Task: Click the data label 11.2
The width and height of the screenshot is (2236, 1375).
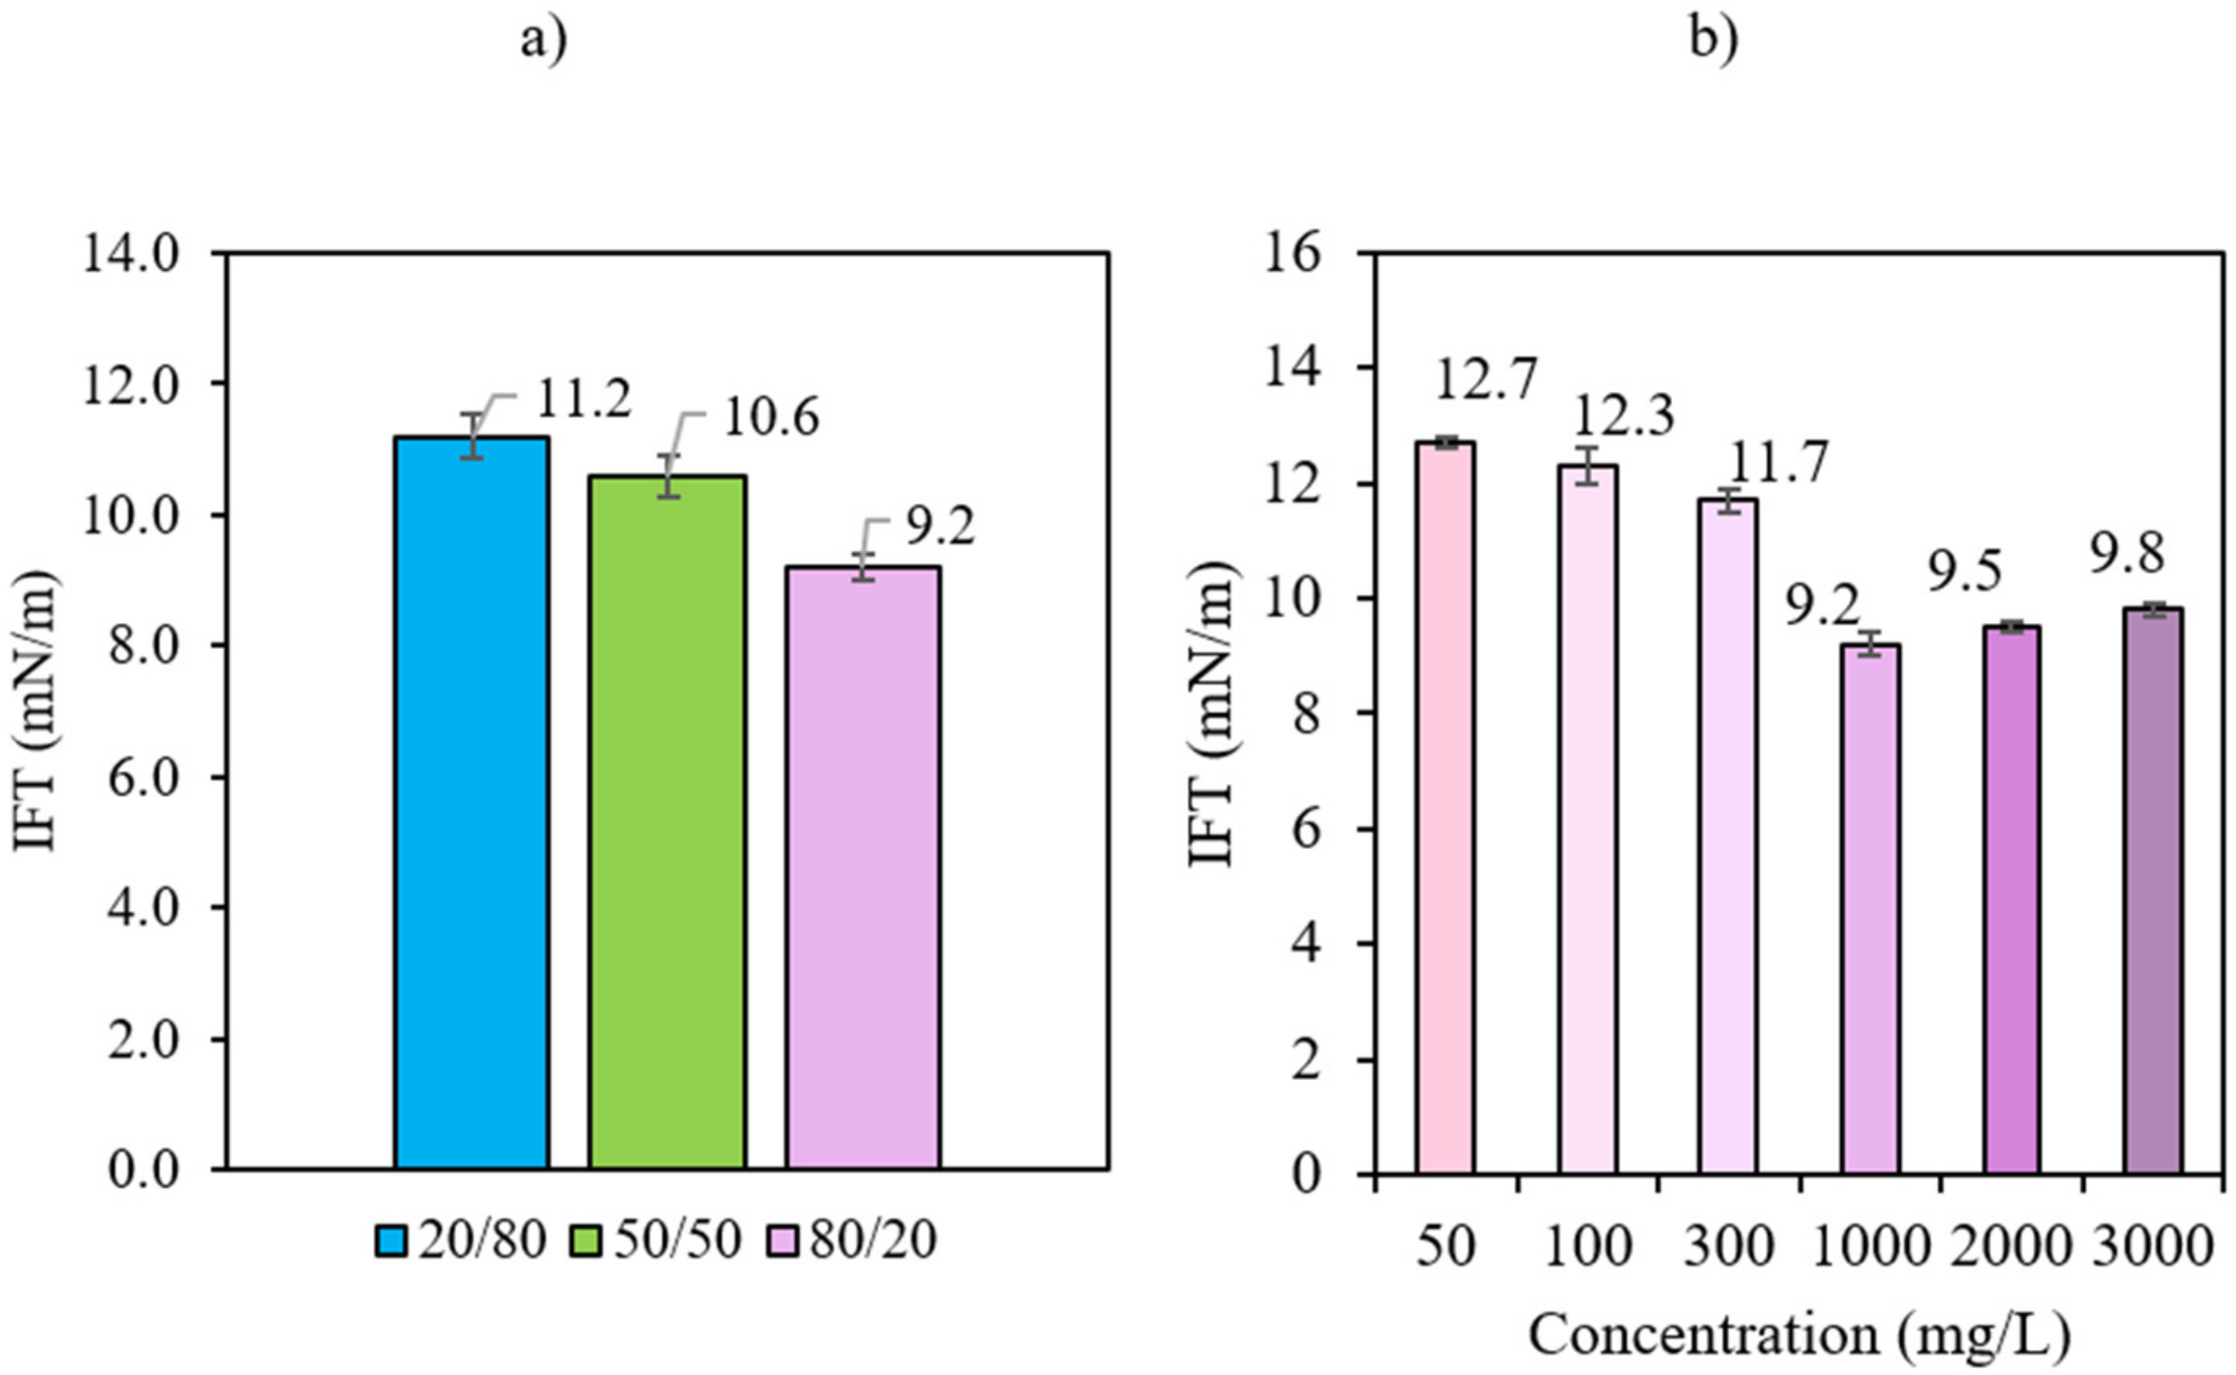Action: pyautogui.click(x=583, y=399)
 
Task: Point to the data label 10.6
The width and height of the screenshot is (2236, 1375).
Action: pyautogui.click(x=771, y=418)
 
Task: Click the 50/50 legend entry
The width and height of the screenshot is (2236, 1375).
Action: pyautogui.click(x=657, y=1241)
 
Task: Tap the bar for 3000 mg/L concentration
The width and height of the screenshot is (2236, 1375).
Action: pyautogui.click(x=2152, y=890)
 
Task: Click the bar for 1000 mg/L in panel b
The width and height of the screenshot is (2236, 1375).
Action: pyautogui.click(x=1870, y=909)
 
